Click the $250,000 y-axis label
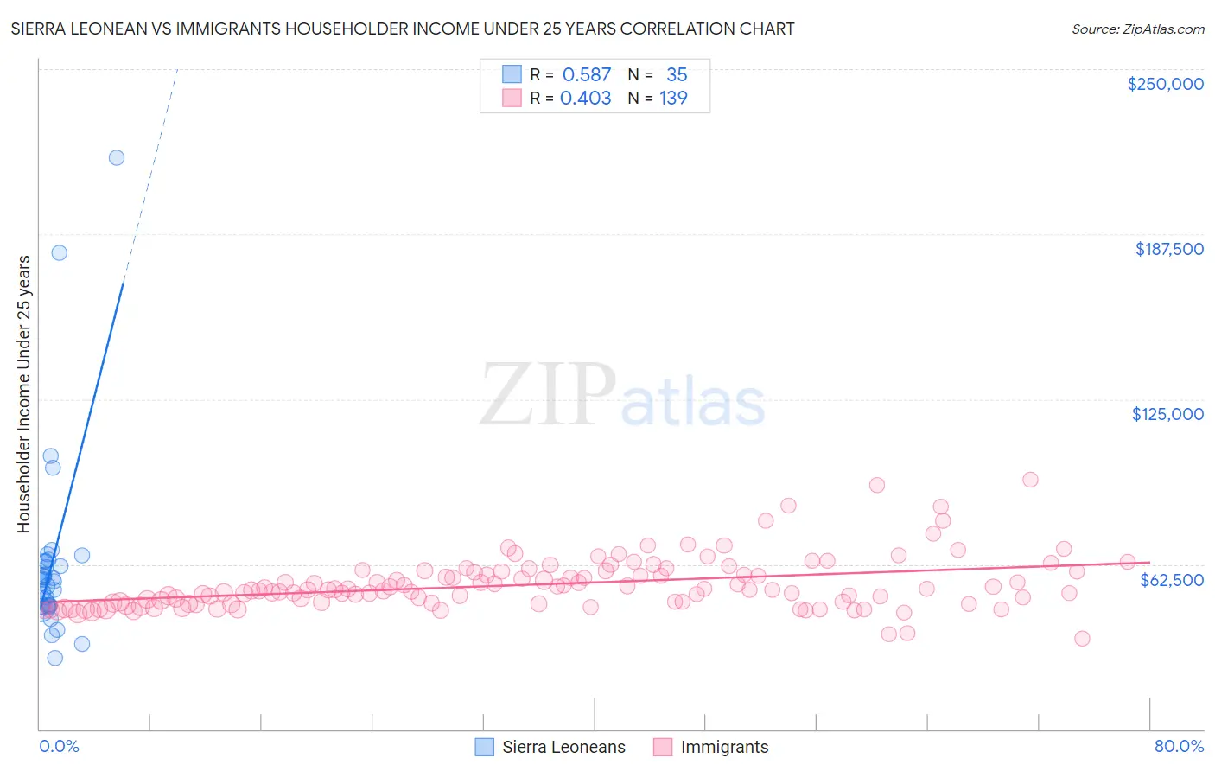[x=1165, y=84]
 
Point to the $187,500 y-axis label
[x=1168, y=249]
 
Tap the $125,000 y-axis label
[x=1167, y=414]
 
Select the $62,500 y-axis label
[x=1171, y=580]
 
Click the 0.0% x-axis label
[x=59, y=747]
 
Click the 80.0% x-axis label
[x=1179, y=747]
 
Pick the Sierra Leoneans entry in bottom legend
[x=550, y=747]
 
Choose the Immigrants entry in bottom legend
[x=710, y=747]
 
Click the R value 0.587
[x=587, y=74]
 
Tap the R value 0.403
[x=585, y=98]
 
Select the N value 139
[x=673, y=98]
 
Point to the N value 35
[x=677, y=74]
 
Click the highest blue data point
[x=117, y=157]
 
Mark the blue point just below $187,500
[x=60, y=252]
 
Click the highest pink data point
[x=1030, y=480]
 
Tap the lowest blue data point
[x=54, y=658]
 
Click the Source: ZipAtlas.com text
[x=1137, y=29]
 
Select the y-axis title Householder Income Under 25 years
[x=23, y=393]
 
